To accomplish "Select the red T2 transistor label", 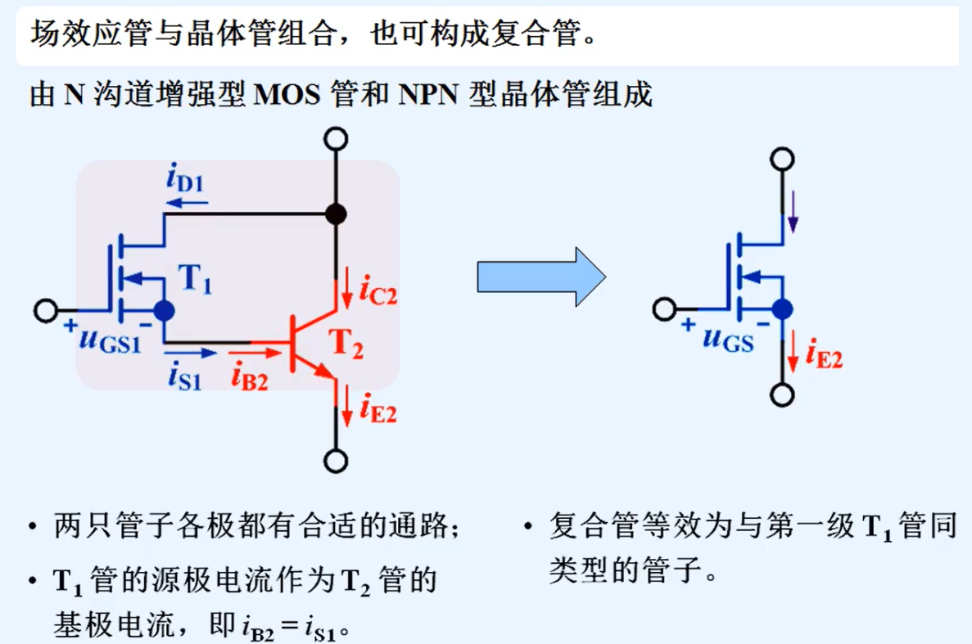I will [346, 345].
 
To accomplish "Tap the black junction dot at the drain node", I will [335, 214].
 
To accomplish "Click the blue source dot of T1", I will [164, 310].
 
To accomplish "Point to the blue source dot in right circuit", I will [783, 309].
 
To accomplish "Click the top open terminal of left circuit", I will [335, 139].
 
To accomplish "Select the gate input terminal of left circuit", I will [46, 311].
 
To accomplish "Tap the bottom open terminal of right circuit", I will [783, 396].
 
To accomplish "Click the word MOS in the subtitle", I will [289, 95].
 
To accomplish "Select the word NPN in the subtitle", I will [427, 95].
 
